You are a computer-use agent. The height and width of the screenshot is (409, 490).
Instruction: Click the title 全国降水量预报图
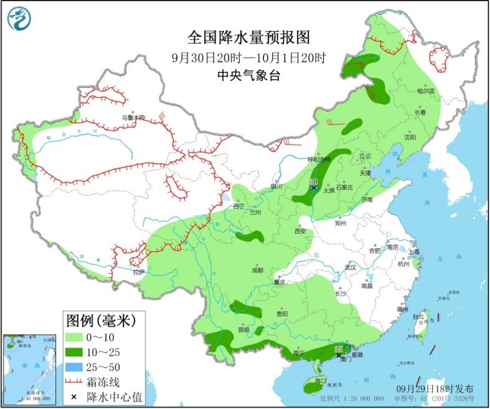(x=248, y=38)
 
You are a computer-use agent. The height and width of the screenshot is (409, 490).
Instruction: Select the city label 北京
(x=365, y=156)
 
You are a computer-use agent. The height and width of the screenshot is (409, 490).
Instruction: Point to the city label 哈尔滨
(x=425, y=91)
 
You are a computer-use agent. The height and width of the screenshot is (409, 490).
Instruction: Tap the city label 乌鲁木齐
(x=133, y=117)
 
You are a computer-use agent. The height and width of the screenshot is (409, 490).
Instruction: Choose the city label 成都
(x=257, y=270)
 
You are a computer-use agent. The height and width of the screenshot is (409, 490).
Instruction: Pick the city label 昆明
(x=243, y=329)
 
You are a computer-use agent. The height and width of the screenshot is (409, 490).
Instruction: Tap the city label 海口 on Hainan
(x=321, y=380)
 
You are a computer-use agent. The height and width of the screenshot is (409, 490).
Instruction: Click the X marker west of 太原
(x=314, y=187)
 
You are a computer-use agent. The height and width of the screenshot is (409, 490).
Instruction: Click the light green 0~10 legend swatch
(x=78, y=337)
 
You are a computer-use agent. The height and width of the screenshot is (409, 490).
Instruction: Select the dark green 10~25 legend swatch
(x=78, y=352)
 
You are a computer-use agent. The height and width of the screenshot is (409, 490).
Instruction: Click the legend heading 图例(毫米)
(x=101, y=321)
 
